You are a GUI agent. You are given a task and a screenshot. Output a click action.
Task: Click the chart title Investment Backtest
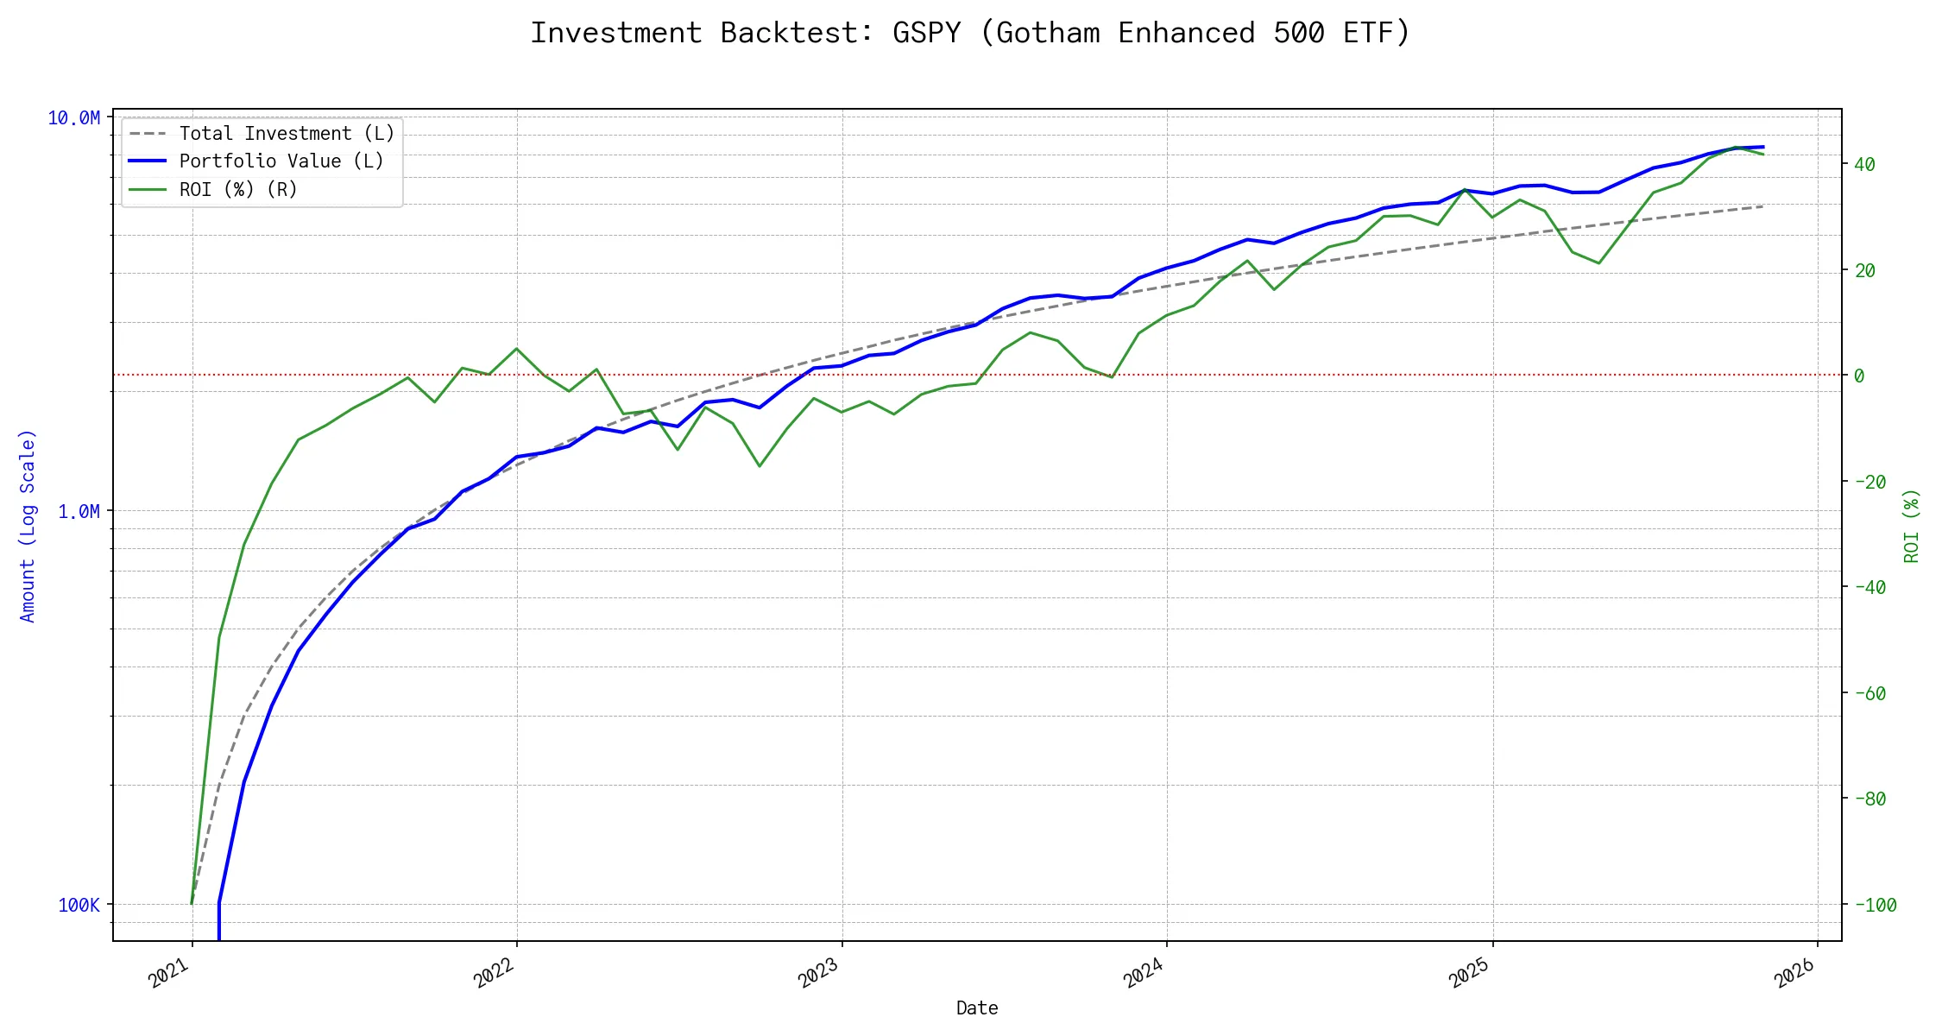[x=970, y=33]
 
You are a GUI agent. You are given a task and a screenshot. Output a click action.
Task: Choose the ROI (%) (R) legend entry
[x=238, y=190]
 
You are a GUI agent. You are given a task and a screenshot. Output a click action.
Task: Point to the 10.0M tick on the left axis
[x=73, y=118]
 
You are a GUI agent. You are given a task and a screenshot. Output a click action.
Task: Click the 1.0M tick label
[x=79, y=512]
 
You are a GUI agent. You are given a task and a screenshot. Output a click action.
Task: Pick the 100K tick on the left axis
[x=79, y=906]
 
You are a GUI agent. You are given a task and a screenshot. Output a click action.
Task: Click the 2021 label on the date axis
[x=169, y=973]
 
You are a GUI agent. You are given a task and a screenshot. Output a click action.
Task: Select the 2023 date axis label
[x=818, y=973]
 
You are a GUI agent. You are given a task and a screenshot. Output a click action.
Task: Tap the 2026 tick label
[x=1794, y=973]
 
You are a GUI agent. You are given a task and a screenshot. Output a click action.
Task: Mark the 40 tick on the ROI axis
[x=1864, y=165]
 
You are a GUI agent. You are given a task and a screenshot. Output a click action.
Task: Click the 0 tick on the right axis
[x=1859, y=376]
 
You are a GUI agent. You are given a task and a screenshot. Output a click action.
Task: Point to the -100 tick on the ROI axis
[x=1875, y=906]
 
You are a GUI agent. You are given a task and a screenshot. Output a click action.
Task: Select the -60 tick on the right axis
[x=1869, y=694]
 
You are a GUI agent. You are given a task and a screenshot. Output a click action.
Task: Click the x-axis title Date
[x=977, y=1008]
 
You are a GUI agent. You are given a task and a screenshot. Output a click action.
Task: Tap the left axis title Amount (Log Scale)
[x=28, y=526]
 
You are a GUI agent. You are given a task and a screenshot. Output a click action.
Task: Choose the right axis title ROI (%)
[x=1912, y=526]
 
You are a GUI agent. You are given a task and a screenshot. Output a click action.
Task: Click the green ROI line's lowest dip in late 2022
[x=760, y=466]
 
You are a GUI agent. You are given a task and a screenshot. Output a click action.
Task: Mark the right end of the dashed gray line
[x=1763, y=206]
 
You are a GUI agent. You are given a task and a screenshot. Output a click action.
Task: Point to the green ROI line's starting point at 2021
[x=192, y=903]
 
